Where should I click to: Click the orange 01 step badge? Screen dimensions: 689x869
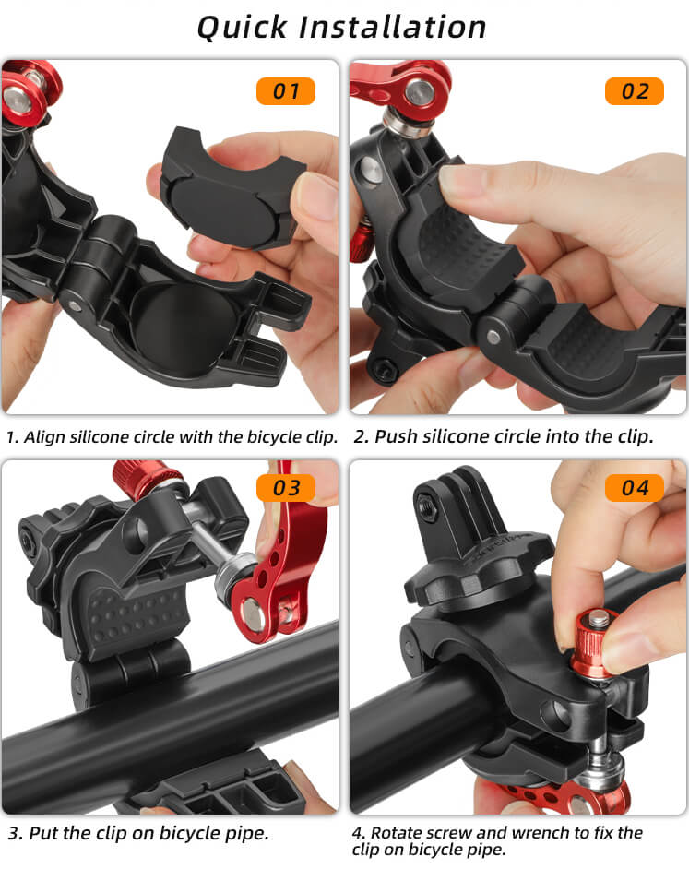pos(285,91)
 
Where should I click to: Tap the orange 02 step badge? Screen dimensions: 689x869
pos(635,91)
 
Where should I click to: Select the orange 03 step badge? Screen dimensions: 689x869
pos(285,488)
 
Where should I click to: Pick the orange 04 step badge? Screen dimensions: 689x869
pos(635,488)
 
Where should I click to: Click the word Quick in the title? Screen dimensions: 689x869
pos(243,28)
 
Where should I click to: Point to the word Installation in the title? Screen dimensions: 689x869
pos(392,27)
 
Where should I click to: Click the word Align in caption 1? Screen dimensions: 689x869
pos(40,437)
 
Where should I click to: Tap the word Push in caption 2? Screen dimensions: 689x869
pos(396,436)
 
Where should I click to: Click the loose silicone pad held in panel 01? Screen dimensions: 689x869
pos(233,185)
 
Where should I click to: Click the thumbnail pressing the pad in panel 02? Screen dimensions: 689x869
pos(461,182)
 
